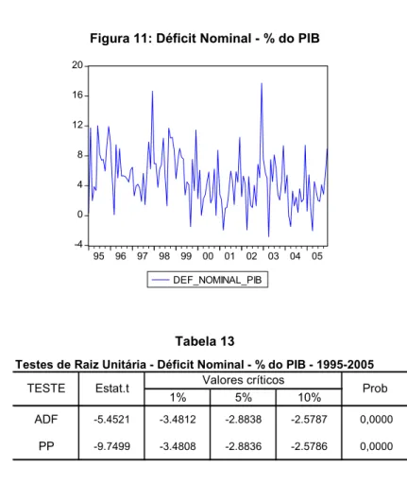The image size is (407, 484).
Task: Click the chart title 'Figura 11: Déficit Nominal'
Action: point(171,39)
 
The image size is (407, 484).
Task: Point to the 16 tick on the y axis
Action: point(77,95)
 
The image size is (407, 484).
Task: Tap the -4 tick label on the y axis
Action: point(78,245)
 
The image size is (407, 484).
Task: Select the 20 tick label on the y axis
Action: point(77,65)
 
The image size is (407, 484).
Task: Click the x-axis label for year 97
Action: point(143,256)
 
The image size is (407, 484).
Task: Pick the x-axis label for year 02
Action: point(251,256)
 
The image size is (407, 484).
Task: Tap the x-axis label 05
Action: point(317,256)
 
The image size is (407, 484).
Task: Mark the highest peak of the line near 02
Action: point(262,83)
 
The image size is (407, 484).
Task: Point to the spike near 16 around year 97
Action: point(153,92)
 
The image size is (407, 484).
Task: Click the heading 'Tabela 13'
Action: point(205,341)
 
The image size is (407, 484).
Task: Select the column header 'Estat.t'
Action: point(112,389)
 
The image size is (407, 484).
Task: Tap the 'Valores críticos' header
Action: point(244,380)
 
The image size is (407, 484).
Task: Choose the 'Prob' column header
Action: point(375,389)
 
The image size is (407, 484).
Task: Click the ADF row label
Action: point(46,420)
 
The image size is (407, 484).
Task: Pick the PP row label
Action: point(46,446)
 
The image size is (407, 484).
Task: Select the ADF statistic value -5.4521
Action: point(111,420)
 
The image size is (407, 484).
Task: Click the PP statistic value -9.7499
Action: point(111,446)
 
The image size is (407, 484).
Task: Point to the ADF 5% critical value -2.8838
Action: point(244,420)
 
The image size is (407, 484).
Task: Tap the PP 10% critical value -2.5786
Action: point(309,446)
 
